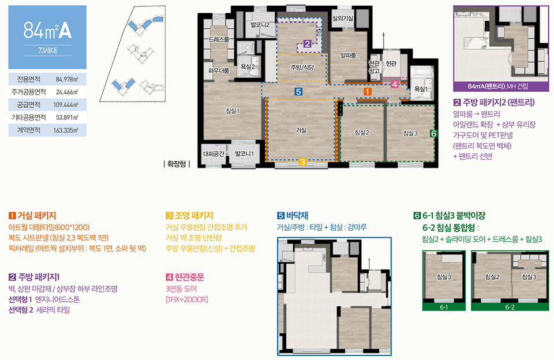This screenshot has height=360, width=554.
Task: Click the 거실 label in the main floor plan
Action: (x=301, y=130)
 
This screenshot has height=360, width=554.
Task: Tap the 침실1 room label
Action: (x=233, y=111)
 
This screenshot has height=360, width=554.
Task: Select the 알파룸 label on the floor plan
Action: (x=348, y=55)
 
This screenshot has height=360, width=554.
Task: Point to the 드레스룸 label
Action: (x=218, y=39)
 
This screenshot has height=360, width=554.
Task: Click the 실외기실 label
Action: (x=342, y=18)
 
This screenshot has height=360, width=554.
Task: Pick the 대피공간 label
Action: (x=214, y=153)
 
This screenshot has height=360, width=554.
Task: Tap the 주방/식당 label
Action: (x=302, y=67)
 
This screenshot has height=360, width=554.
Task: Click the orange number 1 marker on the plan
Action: (x=368, y=92)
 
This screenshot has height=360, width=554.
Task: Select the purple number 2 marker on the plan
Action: (x=307, y=44)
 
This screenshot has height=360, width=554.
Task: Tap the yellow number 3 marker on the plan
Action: (x=302, y=162)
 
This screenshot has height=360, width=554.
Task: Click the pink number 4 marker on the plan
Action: (x=394, y=84)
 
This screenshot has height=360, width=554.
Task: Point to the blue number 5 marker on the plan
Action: (x=298, y=92)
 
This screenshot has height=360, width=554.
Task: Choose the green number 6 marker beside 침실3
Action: (x=433, y=133)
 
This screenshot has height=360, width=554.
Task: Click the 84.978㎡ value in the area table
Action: (x=67, y=80)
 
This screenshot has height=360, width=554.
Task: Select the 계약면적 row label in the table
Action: (x=29, y=130)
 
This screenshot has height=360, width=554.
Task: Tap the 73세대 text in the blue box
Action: (x=47, y=51)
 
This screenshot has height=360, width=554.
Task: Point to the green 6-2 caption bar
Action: (x=510, y=307)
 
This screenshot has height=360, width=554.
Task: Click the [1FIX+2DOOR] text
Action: (x=187, y=299)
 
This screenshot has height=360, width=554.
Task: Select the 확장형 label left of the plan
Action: (x=177, y=164)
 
